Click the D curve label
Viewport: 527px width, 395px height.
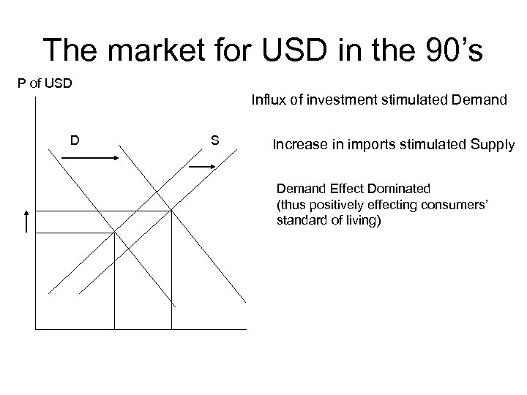(x=75, y=138)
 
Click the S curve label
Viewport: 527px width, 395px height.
(x=214, y=138)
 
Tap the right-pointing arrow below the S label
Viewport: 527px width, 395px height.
(x=203, y=166)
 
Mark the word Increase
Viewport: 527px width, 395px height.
(x=296, y=145)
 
